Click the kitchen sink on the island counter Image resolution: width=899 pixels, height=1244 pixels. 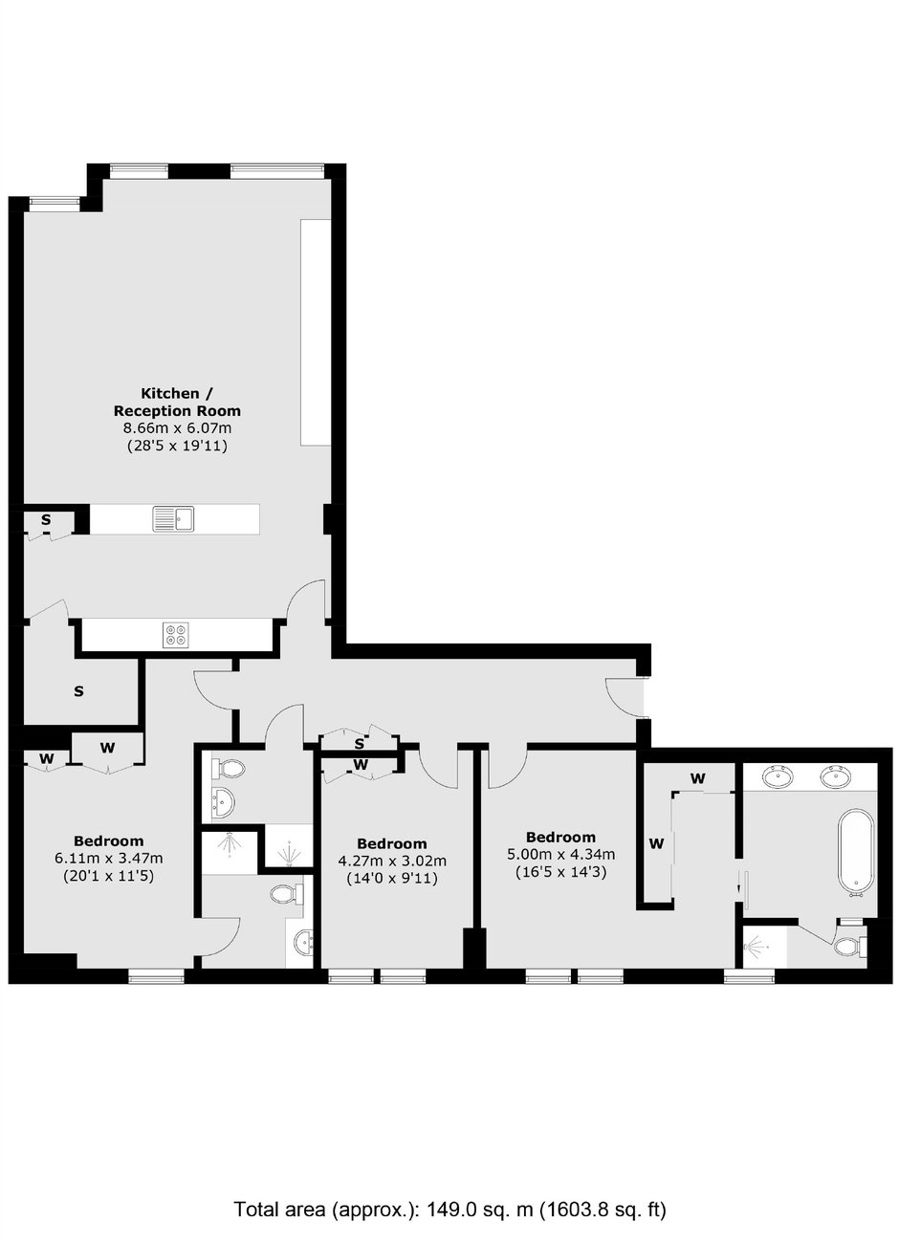coord(173,518)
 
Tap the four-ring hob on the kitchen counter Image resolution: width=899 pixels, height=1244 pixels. coord(176,634)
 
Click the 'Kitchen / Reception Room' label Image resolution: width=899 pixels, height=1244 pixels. coord(177,403)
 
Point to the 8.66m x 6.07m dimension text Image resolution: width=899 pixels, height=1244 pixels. coord(177,428)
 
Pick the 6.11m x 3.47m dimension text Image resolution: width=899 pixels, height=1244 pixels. coord(109,858)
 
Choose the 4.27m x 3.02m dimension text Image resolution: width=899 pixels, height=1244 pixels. coord(392,861)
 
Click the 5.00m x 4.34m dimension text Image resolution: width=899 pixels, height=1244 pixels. coord(560,854)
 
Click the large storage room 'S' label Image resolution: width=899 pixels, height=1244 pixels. coord(78,691)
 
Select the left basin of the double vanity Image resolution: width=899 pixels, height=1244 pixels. coord(778,775)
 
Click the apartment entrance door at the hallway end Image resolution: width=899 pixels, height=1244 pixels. coord(624,697)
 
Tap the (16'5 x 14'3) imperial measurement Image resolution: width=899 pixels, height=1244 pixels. coord(560,872)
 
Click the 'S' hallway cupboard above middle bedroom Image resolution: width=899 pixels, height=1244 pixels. coord(360,743)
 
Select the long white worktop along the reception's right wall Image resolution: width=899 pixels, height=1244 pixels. coord(316,332)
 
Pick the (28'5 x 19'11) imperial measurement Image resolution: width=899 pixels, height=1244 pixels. coord(177,446)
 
